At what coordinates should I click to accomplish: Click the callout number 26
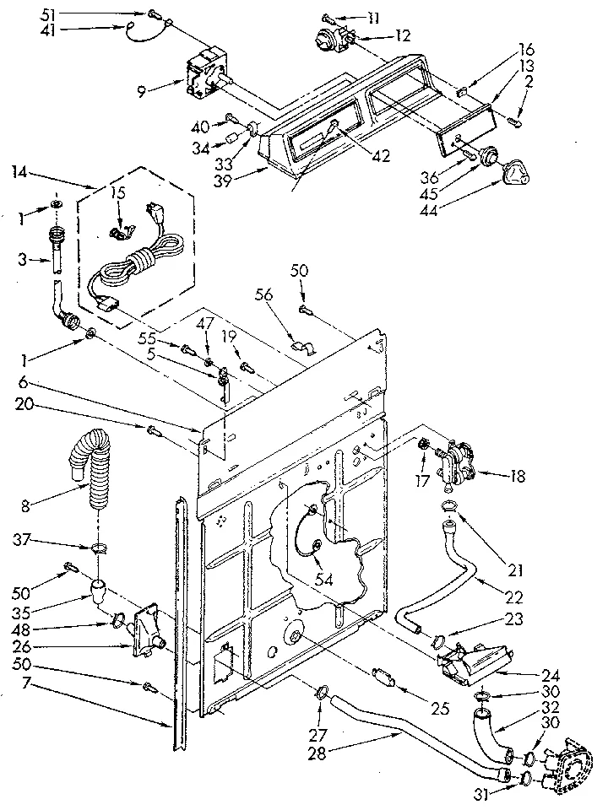(x=22, y=647)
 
